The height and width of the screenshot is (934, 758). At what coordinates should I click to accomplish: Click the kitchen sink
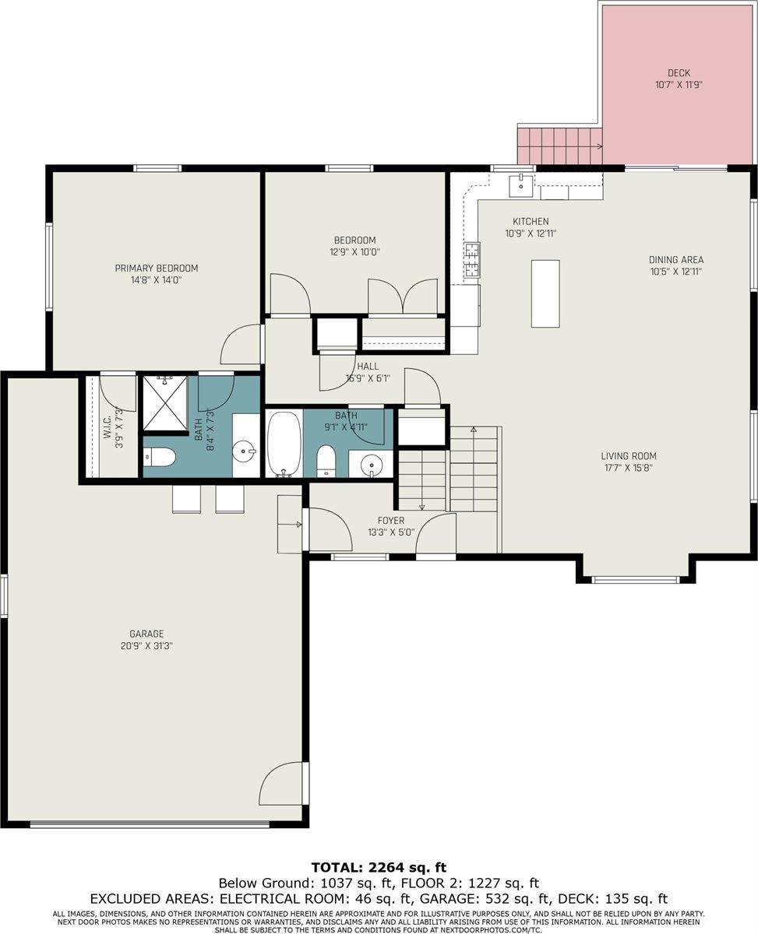520,185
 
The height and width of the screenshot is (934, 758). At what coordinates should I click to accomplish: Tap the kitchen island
545,293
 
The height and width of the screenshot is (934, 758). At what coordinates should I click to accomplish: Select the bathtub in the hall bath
284,444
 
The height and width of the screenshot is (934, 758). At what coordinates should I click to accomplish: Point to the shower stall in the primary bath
165,402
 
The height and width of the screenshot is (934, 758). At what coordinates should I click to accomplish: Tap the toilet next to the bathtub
326,461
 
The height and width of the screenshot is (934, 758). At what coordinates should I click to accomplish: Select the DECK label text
679,73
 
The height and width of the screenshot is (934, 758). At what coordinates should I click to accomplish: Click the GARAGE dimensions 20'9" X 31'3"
146,645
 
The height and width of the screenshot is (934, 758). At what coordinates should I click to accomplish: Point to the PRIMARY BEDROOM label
157,268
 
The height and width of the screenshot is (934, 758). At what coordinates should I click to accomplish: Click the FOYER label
391,521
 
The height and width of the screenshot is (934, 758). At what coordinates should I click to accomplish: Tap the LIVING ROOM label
629,456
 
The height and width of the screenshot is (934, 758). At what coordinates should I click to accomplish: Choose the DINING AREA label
676,260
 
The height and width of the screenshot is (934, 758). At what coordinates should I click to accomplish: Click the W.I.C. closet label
108,427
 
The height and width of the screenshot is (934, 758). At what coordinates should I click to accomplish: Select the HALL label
368,366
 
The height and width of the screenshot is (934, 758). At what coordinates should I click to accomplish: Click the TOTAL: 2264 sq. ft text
379,867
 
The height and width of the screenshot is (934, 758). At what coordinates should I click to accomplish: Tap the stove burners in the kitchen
472,260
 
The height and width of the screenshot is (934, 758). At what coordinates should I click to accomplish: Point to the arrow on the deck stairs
597,146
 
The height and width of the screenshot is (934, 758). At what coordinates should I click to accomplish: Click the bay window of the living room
636,580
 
